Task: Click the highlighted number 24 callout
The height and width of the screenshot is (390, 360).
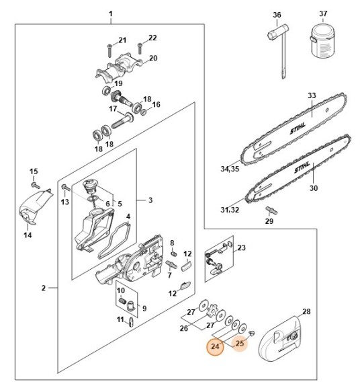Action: click(215, 347)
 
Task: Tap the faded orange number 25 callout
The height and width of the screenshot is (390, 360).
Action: click(240, 344)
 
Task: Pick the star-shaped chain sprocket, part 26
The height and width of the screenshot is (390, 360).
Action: click(213, 311)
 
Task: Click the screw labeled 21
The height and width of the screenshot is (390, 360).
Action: click(110, 50)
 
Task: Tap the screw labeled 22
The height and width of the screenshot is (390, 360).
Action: click(140, 48)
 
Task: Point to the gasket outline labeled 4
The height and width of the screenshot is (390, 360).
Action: click(114, 241)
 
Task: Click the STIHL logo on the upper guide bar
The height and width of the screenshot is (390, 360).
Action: click(298, 128)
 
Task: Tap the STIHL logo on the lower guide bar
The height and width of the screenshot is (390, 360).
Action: click(302, 167)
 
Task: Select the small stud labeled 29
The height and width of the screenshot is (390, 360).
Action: click(271, 210)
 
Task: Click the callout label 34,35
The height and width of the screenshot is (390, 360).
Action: click(230, 169)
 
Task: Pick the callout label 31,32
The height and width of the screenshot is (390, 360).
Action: click(230, 210)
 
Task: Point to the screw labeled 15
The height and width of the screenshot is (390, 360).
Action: click(36, 186)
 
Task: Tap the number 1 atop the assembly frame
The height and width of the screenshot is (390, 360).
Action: click(111, 13)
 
